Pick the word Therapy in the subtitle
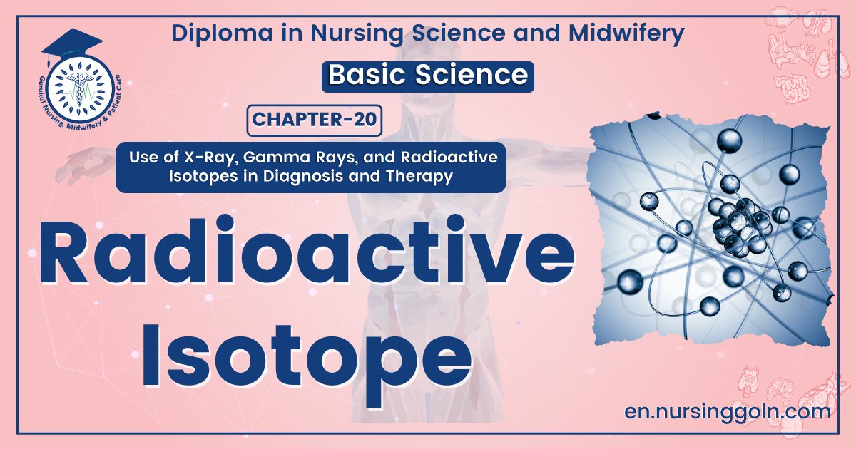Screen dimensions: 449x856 click(x=424, y=177)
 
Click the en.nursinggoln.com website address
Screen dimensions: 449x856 click(x=726, y=411)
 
